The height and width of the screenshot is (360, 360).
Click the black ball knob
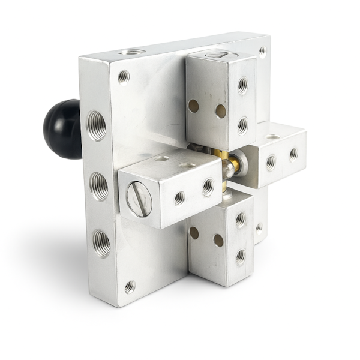pos(61,129)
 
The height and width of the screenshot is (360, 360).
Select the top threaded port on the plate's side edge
pos(97,125)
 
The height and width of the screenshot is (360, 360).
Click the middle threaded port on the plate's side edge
pos(99,185)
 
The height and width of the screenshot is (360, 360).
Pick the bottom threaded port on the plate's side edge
pos(101,243)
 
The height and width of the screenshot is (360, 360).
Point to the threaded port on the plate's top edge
pos(132,52)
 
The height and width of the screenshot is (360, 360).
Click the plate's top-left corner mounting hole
pos(124,76)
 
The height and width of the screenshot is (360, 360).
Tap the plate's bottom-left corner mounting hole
pos(130,286)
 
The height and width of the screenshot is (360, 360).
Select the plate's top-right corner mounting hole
pos(262,51)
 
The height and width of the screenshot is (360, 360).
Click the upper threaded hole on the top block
pos(242,85)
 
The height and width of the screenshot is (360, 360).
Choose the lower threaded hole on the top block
pos(242,125)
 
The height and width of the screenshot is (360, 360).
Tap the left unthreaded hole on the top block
pos(194,106)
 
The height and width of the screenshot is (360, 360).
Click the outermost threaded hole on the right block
pos(293,154)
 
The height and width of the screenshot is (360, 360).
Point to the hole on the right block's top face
pos(273,137)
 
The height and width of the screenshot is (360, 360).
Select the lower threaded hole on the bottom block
pos(240,256)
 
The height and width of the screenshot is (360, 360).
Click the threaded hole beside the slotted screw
pos(179,197)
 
